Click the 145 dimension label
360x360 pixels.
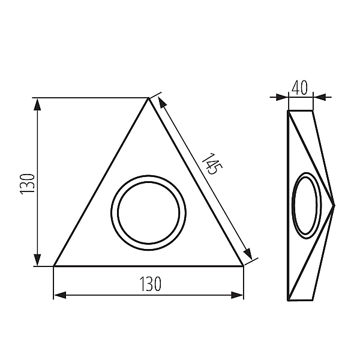(x=212, y=163)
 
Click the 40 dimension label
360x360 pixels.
(x=299, y=88)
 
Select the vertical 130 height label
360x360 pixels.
(x=28, y=184)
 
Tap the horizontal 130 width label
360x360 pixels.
(x=151, y=284)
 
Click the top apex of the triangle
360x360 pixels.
(x=149, y=98)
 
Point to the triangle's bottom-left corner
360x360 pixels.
(x=54, y=266)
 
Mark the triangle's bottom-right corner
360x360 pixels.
(x=243, y=266)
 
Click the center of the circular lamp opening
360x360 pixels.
(x=148, y=212)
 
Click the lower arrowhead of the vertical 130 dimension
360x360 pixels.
(x=37, y=260)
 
